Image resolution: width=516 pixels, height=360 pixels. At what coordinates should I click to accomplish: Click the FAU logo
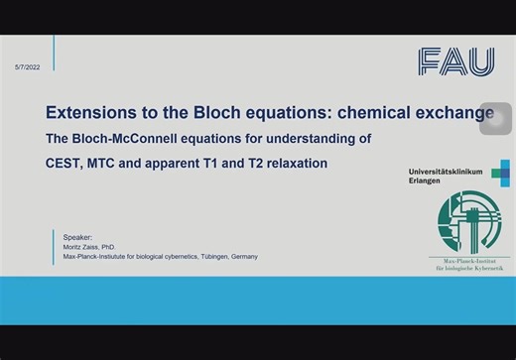tap(455, 61)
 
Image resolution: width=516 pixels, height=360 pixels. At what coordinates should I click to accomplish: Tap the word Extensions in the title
tap(95, 112)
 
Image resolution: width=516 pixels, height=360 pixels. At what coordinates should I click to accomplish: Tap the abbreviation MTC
tap(117, 162)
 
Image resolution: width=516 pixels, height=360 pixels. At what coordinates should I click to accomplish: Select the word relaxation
tap(289, 162)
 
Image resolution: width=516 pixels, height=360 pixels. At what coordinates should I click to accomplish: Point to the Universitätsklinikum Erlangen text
tap(445, 176)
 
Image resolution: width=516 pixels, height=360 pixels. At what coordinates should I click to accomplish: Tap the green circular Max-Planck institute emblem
tap(469, 223)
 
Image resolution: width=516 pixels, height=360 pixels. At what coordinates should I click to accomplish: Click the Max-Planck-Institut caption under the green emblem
tap(469, 265)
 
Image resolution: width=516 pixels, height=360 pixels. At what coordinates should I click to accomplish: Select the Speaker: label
tap(77, 238)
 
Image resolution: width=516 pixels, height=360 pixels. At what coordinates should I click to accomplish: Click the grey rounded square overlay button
tap(495, 118)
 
